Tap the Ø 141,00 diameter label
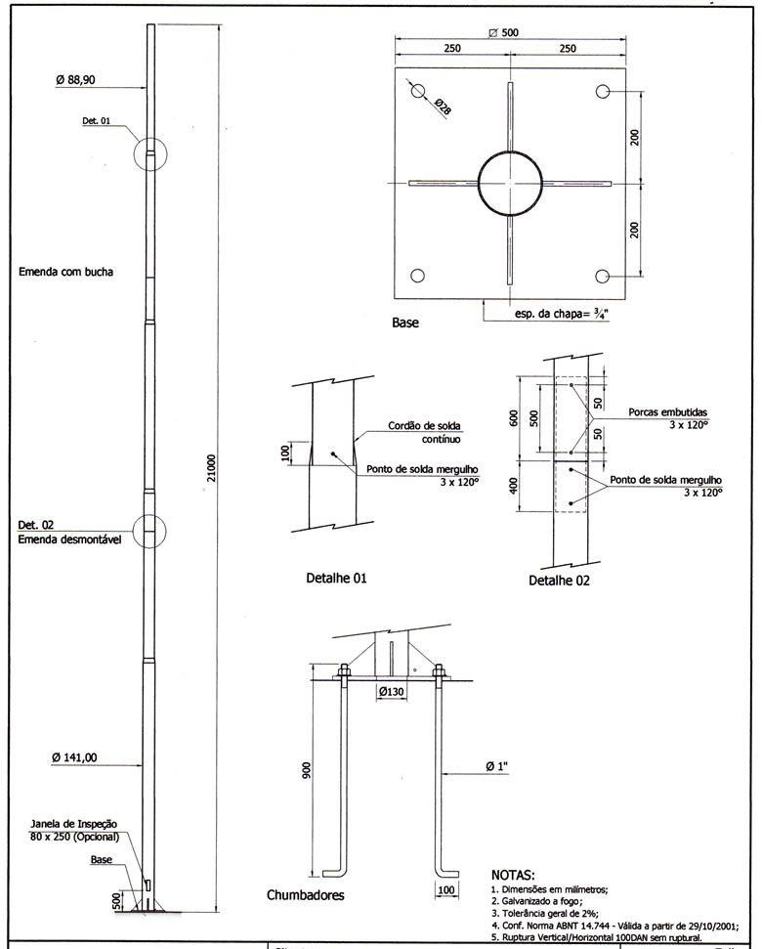(x=83, y=755)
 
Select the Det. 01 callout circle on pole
(x=150, y=154)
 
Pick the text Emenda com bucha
(x=66, y=273)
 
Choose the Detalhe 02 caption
(x=559, y=580)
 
